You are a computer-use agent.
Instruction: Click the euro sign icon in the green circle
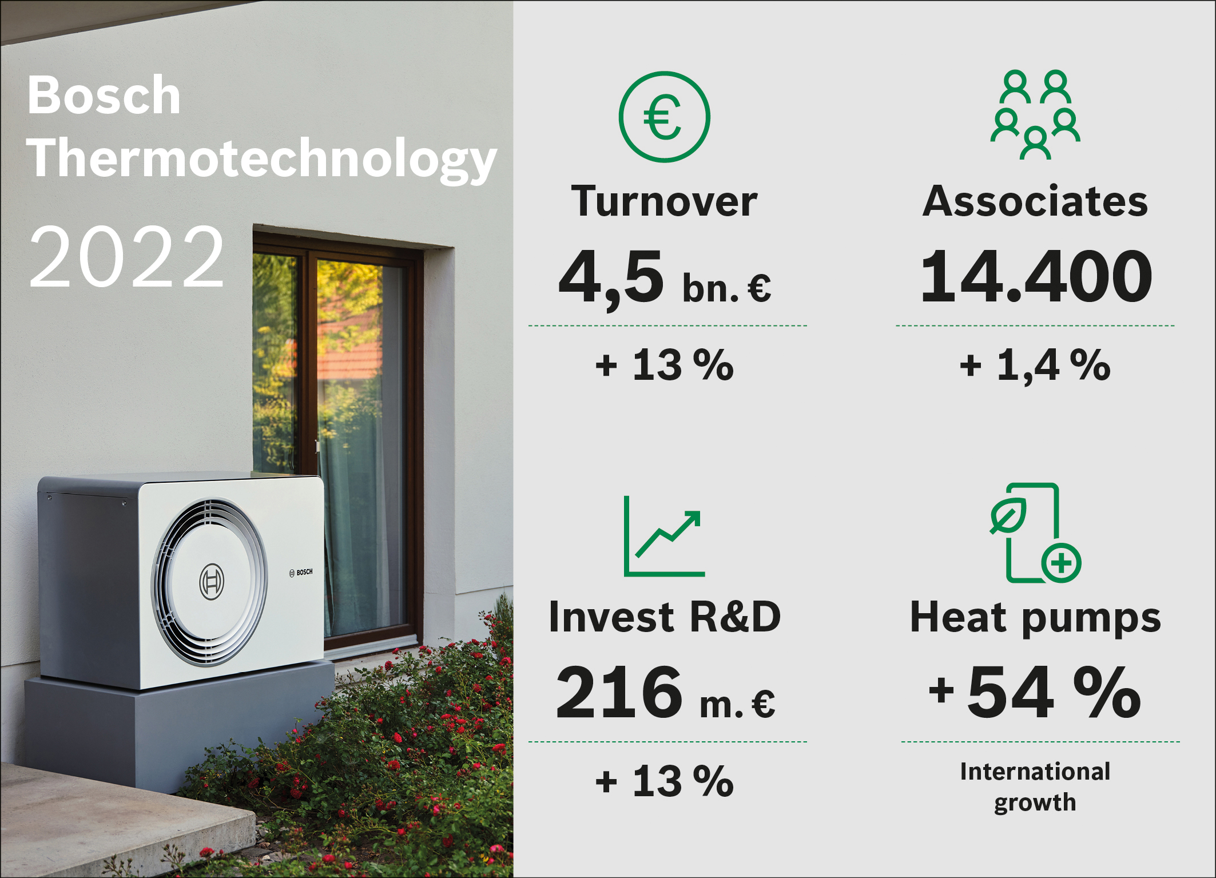(664, 117)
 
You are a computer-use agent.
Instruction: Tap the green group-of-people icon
(1035, 114)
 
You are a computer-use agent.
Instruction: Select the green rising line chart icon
(664, 536)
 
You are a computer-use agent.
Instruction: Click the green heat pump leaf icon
(1035, 533)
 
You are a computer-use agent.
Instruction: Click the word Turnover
(664, 201)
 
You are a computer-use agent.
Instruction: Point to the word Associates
(1035, 201)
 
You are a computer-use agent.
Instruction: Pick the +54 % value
(1035, 692)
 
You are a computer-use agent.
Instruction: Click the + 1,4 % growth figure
(1035, 365)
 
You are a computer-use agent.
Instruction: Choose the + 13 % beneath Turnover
(665, 365)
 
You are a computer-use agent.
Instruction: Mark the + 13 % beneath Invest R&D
(665, 781)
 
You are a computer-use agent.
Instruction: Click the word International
(1035, 771)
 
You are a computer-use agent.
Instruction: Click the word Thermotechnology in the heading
(262, 159)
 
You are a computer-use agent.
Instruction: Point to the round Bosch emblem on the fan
(212, 582)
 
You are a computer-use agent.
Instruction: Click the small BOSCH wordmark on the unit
(301, 572)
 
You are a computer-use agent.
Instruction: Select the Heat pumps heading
(1035, 619)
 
